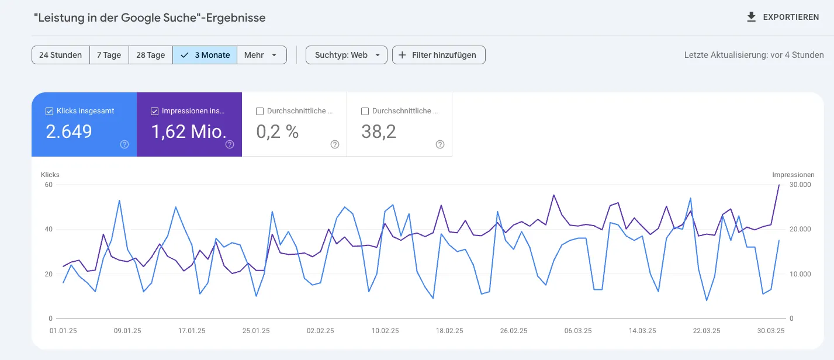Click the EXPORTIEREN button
[783, 18]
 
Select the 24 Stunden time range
[61, 55]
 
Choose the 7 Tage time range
[109, 55]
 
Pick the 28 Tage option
[150, 55]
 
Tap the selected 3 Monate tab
[205, 55]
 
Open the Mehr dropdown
[261, 55]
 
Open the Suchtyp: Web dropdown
[347, 55]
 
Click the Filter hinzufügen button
[438, 55]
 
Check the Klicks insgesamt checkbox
[50, 111]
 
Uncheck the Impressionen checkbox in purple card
[155, 111]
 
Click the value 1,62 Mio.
[188, 132]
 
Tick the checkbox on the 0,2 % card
[260, 111]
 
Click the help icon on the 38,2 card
[440, 144]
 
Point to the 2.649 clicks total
[69, 132]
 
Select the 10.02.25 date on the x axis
[385, 331]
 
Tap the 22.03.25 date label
[706, 331]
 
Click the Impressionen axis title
[793, 175]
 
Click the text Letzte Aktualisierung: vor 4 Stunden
[754, 55]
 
